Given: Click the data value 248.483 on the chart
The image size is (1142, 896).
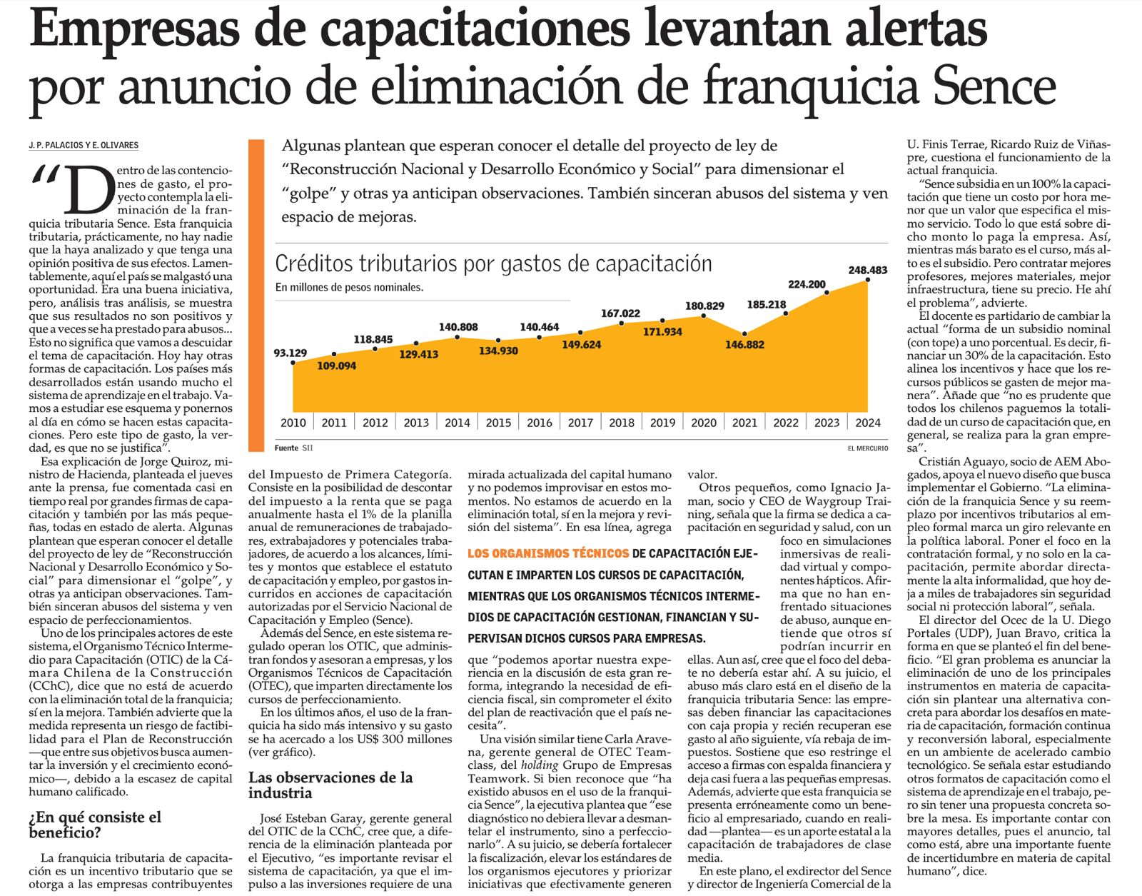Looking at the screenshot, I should point(867,270).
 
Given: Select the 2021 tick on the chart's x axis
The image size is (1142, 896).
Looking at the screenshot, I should point(744,422).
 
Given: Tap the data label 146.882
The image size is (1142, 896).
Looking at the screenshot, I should point(744,345).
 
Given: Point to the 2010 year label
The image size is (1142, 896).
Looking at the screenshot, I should point(293,422).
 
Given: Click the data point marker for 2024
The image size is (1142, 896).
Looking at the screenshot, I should point(868,280).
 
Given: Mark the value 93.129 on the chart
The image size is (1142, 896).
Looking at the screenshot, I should point(290,353).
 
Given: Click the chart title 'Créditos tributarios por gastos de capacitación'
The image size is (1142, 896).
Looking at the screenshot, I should point(493,263).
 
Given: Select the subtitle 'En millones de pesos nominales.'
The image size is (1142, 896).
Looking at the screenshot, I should point(349,288).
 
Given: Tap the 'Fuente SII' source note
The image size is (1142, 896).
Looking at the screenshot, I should point(293,448).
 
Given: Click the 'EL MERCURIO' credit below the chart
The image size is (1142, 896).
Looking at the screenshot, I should point(868,448).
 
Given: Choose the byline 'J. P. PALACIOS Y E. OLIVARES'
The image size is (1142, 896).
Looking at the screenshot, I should point(84,145).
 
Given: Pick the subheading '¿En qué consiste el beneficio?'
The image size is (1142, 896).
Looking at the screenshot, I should point(95,825).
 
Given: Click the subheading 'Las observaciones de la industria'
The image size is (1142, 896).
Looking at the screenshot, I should point(330,785).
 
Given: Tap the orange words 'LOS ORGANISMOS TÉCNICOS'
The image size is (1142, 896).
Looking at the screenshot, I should point(548,553).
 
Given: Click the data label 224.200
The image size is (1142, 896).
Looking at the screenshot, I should point(807,284).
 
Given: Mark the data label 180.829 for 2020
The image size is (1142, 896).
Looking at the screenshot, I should point(704,306).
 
